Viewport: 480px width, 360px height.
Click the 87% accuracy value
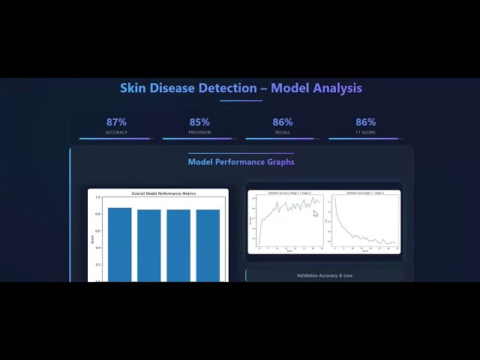116,121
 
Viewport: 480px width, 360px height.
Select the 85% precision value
199,121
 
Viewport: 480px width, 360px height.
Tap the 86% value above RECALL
283,121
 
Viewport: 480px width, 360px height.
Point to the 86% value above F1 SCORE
365,121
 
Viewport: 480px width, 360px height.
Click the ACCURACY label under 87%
116,132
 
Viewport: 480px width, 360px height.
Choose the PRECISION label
199,132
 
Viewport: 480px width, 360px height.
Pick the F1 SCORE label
365,132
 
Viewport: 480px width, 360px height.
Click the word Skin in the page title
134,88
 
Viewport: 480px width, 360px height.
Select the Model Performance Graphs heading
241,161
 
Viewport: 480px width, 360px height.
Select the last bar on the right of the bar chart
208,244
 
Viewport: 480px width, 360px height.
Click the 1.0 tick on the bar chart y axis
97,197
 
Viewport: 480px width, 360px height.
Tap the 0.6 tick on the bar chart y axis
97,231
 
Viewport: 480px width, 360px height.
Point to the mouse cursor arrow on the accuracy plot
315,214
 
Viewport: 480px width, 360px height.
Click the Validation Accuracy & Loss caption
324,275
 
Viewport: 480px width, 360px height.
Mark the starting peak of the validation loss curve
335,199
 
